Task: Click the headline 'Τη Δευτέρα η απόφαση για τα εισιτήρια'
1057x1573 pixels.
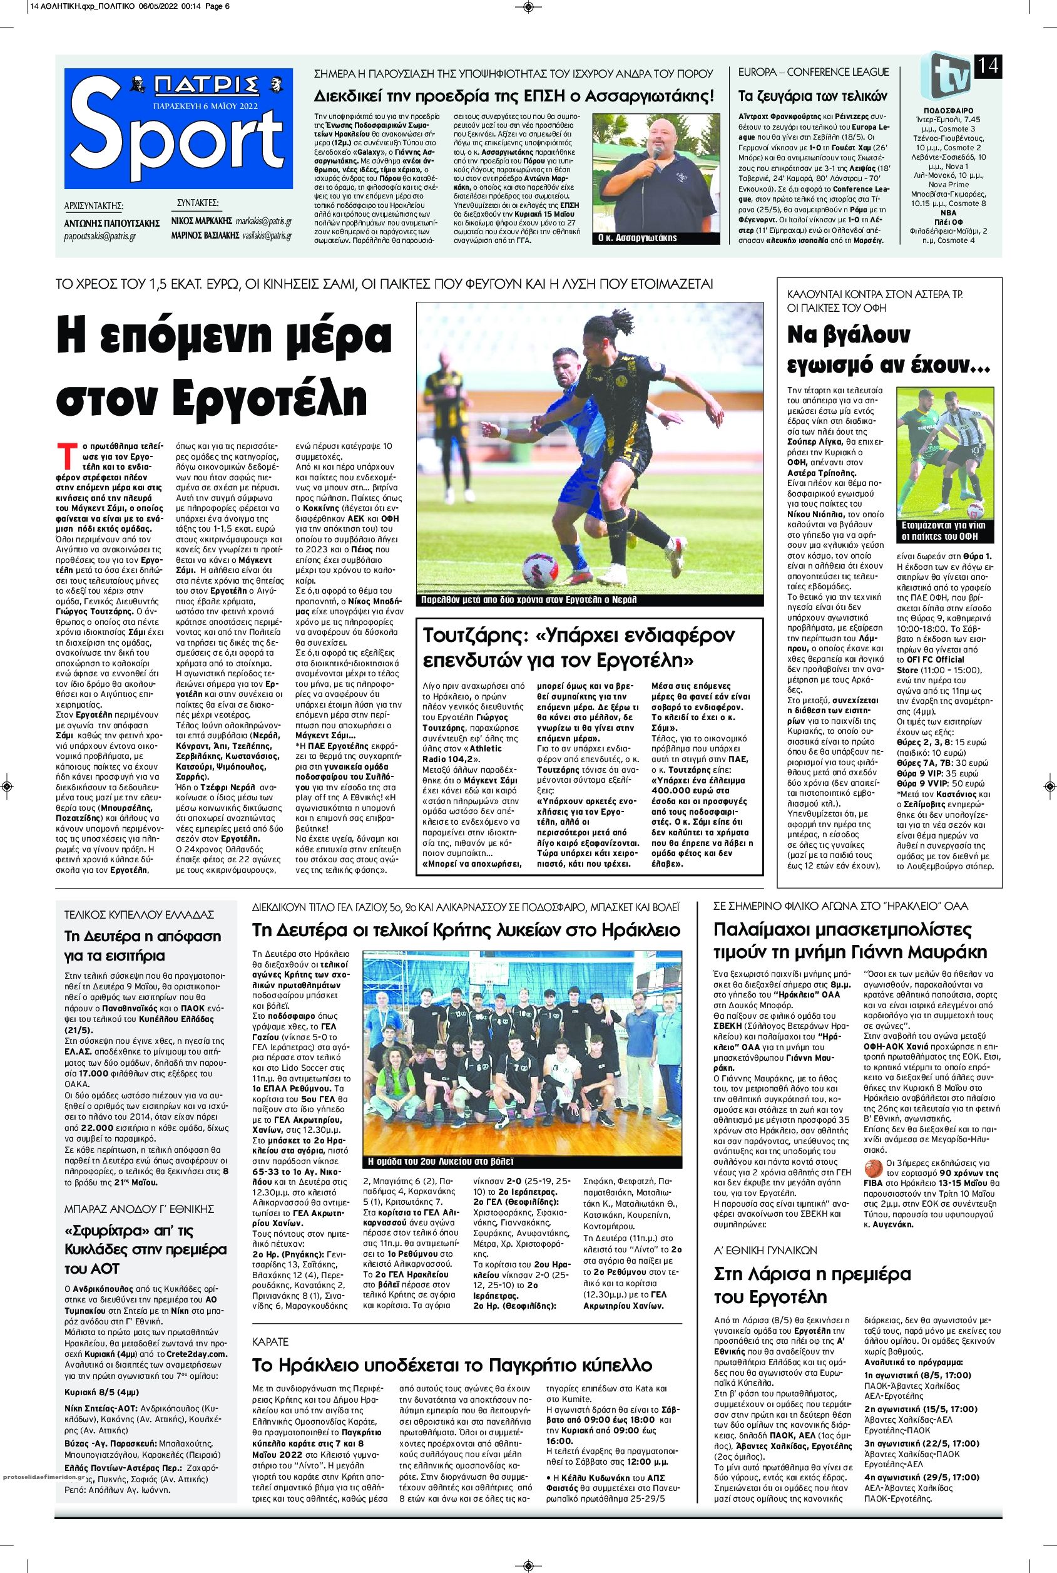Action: click(x=142, y=946)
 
